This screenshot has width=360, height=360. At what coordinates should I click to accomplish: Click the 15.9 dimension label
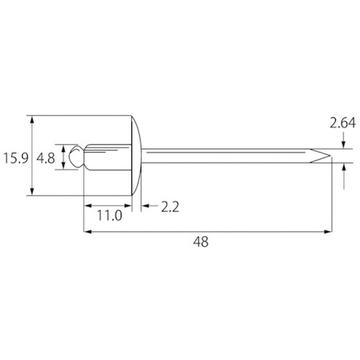[16, 158]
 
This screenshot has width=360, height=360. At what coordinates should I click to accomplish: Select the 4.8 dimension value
[46, 158]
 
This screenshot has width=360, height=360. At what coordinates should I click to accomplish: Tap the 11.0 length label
[109, 215]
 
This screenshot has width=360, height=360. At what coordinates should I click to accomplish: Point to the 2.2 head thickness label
[170, 207]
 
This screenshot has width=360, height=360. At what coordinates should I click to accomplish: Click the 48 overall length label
[201, 242]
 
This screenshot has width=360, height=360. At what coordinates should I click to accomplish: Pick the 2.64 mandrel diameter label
[343, 123]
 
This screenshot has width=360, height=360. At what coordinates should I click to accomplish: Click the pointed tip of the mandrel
[331, 156]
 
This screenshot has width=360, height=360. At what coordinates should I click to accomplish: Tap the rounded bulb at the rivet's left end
[76, 156]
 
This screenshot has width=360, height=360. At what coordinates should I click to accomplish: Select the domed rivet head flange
[136, 155]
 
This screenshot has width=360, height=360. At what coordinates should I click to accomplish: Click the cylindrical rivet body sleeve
[108, 157]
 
